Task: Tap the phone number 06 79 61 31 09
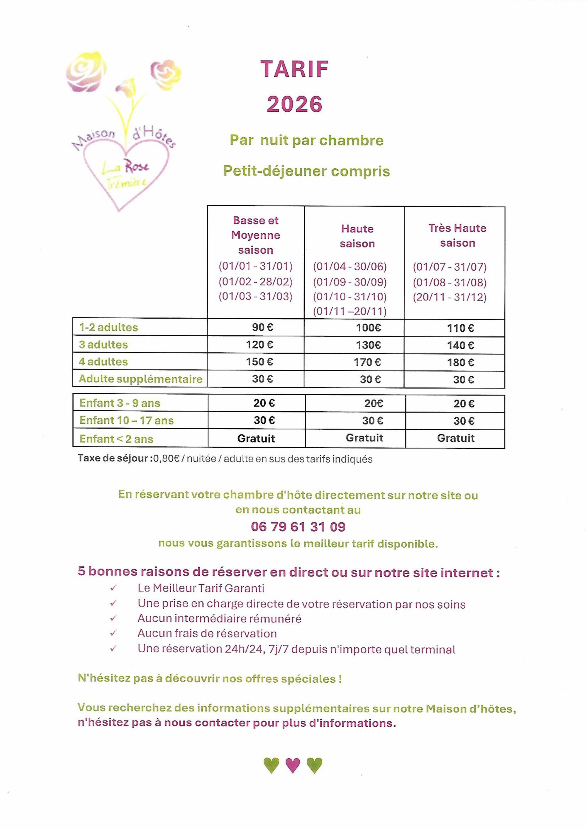[x=298, y=527]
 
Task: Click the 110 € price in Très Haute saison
[x=460, y=328]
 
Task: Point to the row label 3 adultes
[x=103, y=344]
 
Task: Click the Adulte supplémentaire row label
[x=140, y=379]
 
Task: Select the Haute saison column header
[x=357, y=236]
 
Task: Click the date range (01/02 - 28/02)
[x=255, y=281]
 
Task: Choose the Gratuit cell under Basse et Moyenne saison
[x=256, y=439]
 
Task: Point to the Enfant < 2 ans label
[x=116, y=439]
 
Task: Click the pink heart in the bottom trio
[x=293, y=765]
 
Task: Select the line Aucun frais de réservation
[x=207, y=633]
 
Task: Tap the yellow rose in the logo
[x=86, y=70]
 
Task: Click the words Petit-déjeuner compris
[x=306, y=171]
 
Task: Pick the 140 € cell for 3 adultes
[x=460, y=345]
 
